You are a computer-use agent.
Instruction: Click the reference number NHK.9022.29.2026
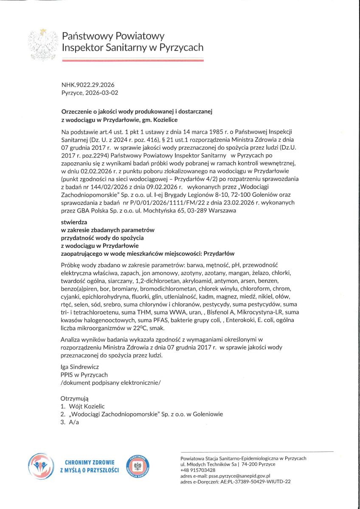(88, 85)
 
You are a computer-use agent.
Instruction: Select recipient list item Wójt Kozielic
(87, 406)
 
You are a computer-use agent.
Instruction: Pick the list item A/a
(74, 422)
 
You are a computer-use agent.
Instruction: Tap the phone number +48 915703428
(198, 470)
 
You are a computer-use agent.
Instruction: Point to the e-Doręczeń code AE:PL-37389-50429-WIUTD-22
(255, 482)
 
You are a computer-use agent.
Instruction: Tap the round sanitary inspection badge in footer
(138, 466)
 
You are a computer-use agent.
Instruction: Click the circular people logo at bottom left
(41, 466)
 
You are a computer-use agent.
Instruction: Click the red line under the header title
(132, 61)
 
